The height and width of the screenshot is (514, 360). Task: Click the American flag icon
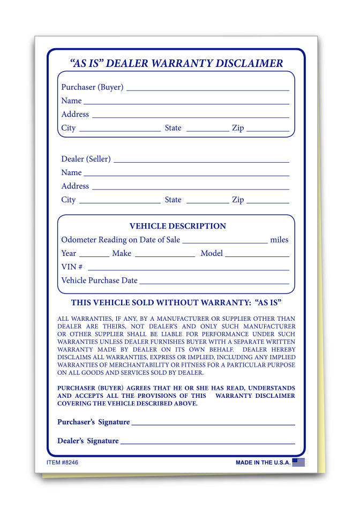pos(298,462)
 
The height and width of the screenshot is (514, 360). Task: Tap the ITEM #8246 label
pos(62,462)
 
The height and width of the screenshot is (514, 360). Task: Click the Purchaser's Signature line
pos(213,423)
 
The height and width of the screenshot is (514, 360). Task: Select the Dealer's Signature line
pos(207,442)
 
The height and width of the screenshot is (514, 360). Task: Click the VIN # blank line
pos(188,268)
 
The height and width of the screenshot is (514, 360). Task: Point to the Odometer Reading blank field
pos(224,241)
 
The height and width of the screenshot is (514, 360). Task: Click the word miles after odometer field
pos(279,240)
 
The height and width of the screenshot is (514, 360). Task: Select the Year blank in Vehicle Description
pos(94,255)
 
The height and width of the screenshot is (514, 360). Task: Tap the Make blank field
pos(164,255)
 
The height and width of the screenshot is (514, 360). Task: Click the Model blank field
pos(257,255)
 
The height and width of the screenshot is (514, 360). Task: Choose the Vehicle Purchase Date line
pos(214,282)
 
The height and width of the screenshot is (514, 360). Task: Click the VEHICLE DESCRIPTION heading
pos(178,226)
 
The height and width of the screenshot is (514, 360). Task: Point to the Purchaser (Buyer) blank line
pos(207,89)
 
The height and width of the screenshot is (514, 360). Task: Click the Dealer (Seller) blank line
pos(201,161)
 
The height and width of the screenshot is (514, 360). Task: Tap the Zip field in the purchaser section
pos(267,130)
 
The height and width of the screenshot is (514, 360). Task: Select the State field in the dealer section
pos(207,201)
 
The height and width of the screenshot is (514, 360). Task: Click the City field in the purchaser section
pos(119,130)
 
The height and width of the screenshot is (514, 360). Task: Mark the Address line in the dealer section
pos(190,188)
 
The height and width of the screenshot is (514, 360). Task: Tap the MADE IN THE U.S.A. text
pos(262,463)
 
